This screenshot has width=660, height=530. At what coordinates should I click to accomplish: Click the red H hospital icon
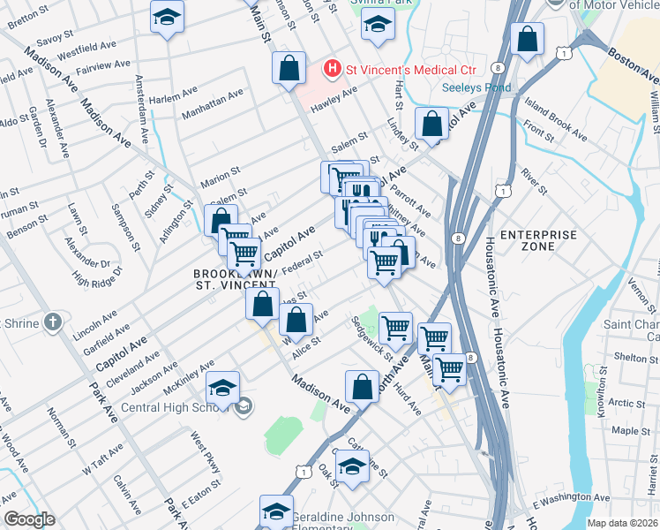[x=333, y=67]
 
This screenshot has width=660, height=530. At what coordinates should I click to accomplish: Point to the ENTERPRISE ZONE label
[x=538, y=242]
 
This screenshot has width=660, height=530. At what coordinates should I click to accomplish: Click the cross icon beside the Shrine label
[x=53, y=323]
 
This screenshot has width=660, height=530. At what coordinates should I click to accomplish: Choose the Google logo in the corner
[x=29, y=519]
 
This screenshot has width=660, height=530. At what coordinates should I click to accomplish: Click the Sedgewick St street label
[x=372, y=336]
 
